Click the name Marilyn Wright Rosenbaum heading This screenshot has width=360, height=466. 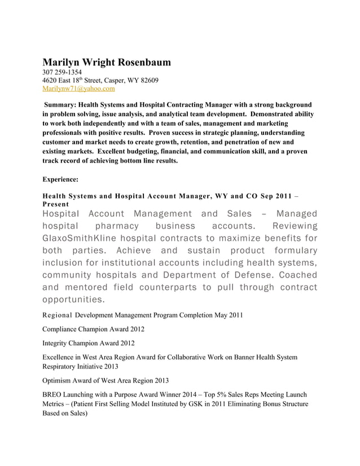[107, 62]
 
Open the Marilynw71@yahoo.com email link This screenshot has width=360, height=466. [78, 89]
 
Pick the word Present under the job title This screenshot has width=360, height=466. [55, 204]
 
